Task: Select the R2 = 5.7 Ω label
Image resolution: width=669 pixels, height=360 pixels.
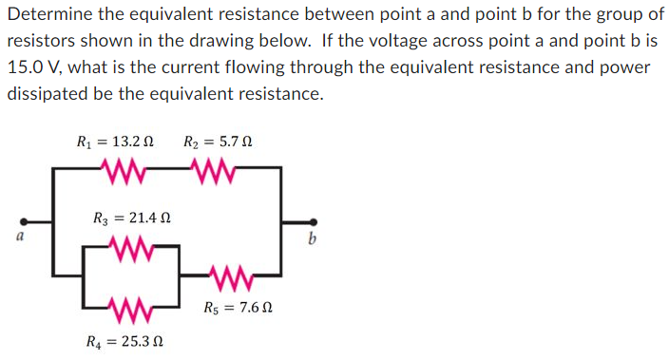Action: [218, 142]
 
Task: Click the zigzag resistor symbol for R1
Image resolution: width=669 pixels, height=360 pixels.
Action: [120, 169]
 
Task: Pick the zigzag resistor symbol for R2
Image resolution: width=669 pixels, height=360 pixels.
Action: [214, 169]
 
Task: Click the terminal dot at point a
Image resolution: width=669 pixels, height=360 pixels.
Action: [25, 219]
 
